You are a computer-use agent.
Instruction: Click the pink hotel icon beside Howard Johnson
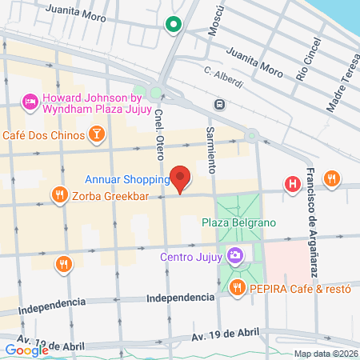point(30,101)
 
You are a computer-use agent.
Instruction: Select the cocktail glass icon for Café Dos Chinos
point(96,133)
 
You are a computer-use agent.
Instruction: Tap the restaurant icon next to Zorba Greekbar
point(58,194)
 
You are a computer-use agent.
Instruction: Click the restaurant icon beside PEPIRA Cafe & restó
point(236,288)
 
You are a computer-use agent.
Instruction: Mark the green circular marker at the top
point(173,25)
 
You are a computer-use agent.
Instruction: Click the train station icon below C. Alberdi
point(218,104)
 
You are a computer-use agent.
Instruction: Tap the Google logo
point(26,349)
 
